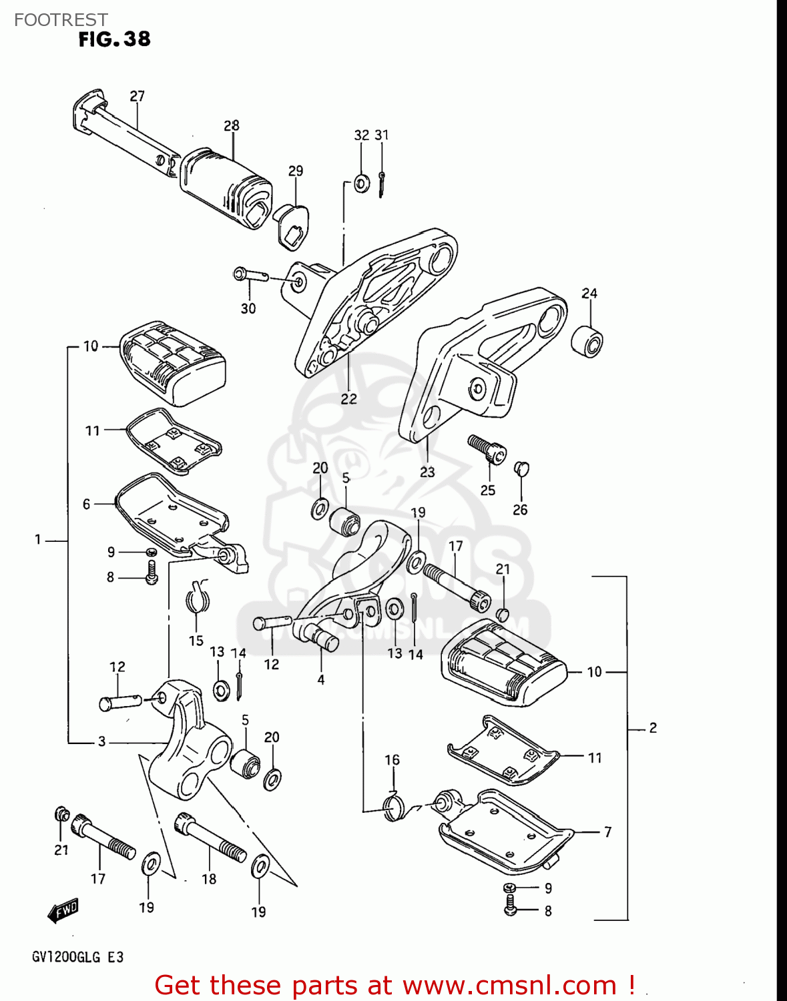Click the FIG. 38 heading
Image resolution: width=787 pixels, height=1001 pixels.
click(114, 40)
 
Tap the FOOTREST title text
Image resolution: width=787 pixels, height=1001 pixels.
click(61, 20)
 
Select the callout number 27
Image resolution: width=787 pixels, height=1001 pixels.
click(137, 96)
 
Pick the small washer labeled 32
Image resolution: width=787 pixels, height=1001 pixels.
click(361, 183)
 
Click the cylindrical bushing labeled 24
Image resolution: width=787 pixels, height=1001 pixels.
click(587, 341)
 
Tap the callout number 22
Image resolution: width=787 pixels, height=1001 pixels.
click(348, 399)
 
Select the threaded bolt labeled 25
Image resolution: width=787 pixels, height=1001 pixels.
click(487, 449)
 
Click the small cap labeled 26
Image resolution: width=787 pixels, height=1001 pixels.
click(521, 468)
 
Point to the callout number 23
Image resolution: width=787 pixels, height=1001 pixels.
click(427, 472)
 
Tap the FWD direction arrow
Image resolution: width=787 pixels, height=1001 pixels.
click(63, 911)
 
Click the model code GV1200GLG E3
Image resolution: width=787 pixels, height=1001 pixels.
click(77, 958)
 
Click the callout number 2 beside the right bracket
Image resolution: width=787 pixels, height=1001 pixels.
click(653, 728)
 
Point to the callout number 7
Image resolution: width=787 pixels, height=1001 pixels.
click(607, 832)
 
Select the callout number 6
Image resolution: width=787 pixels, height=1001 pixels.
click(86, 505)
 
